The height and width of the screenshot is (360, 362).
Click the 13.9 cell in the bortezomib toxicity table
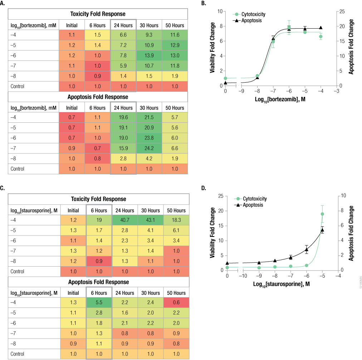click(149, 56)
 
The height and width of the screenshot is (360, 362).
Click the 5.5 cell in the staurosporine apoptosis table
click(99, 303)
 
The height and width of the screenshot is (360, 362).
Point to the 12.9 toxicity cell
click(175, 46)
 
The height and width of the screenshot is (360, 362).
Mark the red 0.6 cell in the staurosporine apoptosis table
click(175, 303)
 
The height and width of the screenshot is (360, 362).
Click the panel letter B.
click(204, 4)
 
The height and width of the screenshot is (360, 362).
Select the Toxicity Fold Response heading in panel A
click(98, 14)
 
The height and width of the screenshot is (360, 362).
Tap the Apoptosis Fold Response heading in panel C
click(98, 282)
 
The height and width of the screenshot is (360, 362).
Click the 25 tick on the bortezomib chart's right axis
click(342, 11)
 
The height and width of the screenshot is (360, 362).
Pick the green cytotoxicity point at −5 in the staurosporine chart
click(322, 214)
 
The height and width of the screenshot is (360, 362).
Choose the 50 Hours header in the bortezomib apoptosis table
click(175, 108)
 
